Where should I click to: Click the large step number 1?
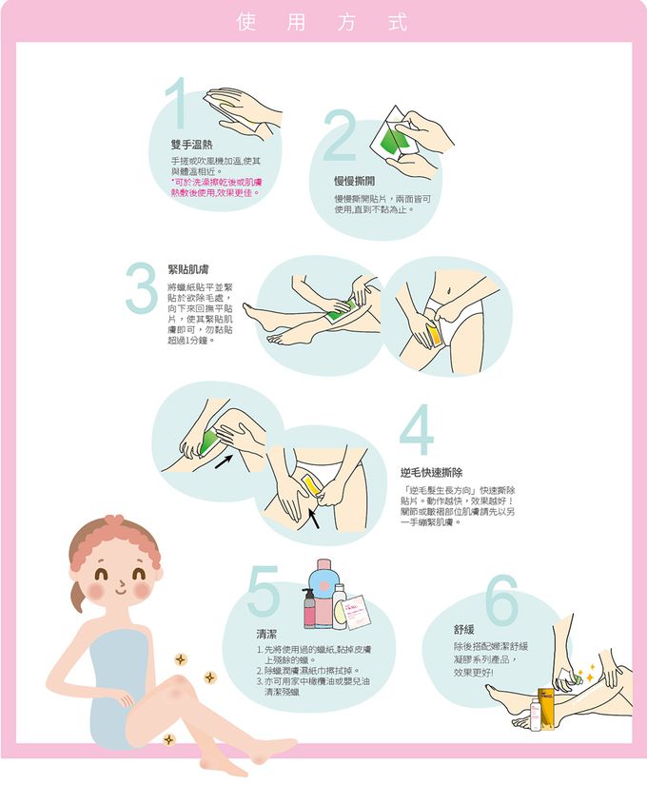(x=175, y=107)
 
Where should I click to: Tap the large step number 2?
(x=339, y=136)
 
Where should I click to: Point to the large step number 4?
(x=416, y=432)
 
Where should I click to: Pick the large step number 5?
(x=264, y=591)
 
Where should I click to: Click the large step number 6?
(x=501, y=600)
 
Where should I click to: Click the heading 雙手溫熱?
(x=191, y=145)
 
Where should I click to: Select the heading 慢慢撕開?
(x=354, y=180)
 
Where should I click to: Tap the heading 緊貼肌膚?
(x=187, y=269)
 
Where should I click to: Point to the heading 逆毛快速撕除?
(x=431, y=473)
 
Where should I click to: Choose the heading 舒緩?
(x=464, y=630)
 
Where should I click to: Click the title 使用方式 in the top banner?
(x=323, y=22)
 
